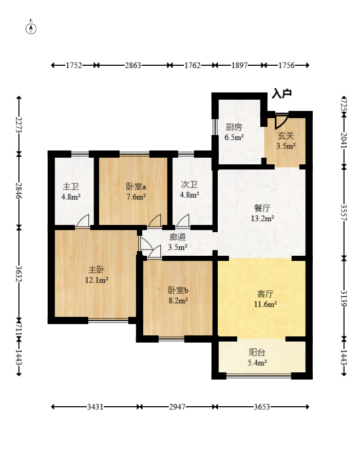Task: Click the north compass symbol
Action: pos(31,28)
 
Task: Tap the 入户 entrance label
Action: pos(282,93)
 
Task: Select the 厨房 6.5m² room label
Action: pos(234,132)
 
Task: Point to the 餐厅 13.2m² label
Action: pos(262,213)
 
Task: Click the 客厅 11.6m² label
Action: pos(265,298)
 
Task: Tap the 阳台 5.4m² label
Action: pos(257,357)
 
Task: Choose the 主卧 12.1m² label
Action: pos(97,275)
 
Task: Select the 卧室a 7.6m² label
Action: pos(136,192)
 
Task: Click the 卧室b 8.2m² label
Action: pos(178,295)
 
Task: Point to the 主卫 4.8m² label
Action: pos(71,192)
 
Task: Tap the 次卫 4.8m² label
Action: pos(190,189)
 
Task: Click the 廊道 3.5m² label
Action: pos(178,242)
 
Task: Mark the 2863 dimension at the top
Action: pos(133,65)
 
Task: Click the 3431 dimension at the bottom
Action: pos(95,407)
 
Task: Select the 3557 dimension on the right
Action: pos(344,213)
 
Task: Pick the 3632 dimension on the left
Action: pos(19,274)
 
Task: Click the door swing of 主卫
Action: pos(83,220)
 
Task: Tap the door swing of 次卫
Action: pos(183,220)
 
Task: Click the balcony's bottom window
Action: pos(259,375)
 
